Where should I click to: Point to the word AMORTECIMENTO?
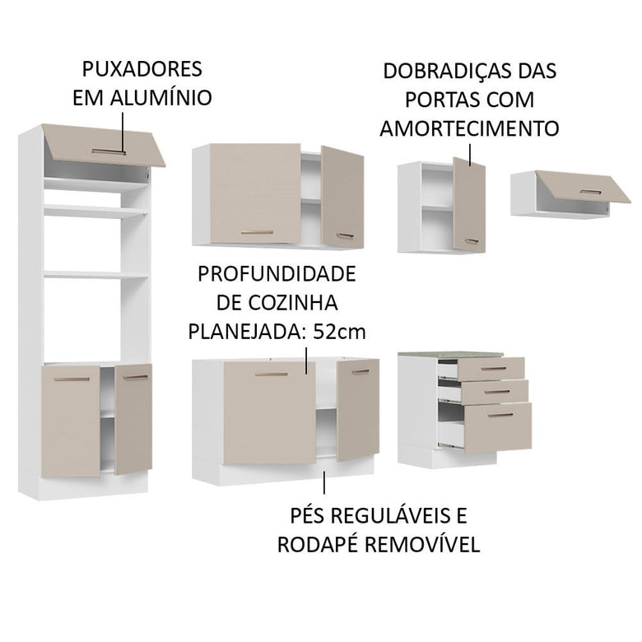469,129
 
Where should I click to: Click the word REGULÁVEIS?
385,516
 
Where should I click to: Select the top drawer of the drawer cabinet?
491,368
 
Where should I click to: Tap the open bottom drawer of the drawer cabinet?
497,426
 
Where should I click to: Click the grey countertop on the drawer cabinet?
449,354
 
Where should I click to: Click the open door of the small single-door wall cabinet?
468,204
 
